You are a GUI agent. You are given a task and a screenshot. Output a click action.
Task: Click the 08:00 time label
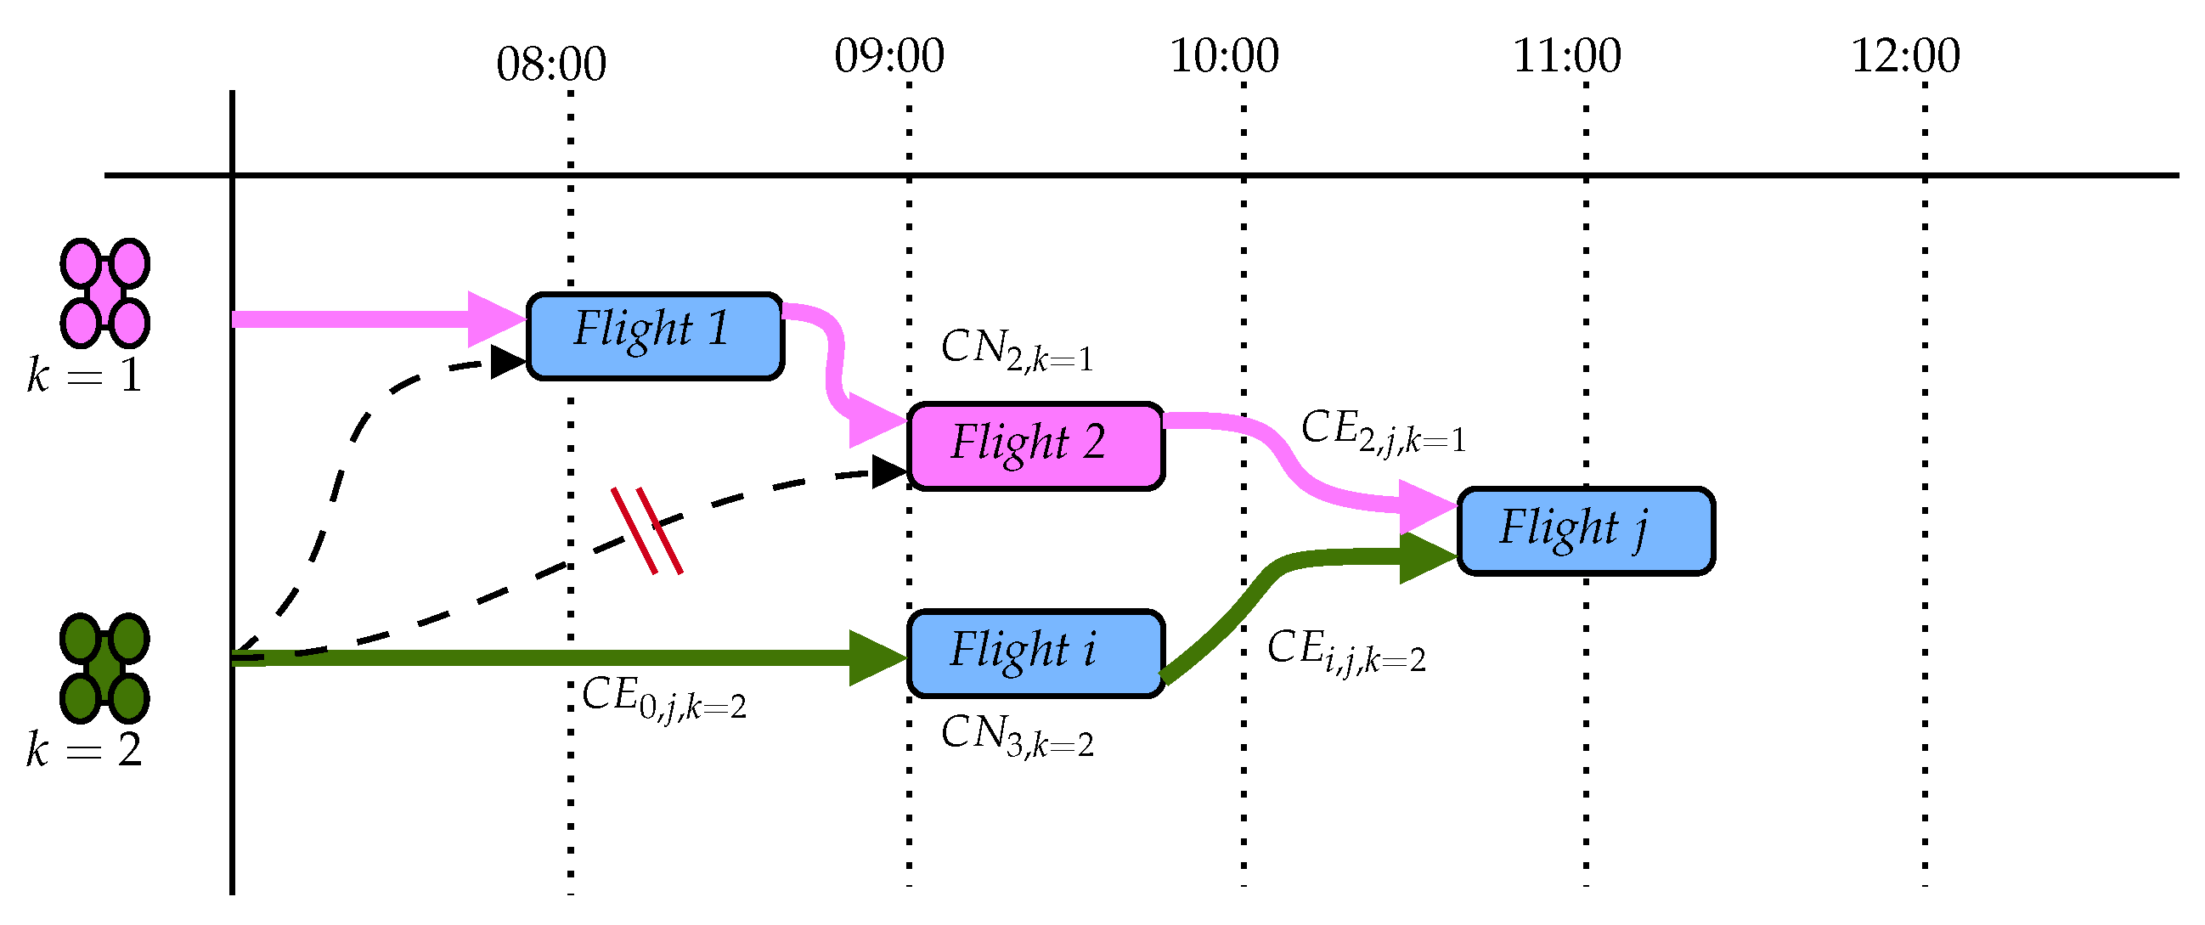coord(551,65)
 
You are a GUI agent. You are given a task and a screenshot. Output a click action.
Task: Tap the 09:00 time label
coord(889,56)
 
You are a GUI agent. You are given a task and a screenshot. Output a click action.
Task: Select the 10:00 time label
coord(1224,56)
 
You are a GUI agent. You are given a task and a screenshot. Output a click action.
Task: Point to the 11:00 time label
coord(1566,56)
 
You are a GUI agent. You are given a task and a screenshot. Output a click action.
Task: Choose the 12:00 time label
coord(1905,56)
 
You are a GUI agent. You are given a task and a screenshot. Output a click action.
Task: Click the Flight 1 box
coord(655,336)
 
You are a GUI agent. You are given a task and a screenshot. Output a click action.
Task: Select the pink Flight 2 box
coord(1035,446)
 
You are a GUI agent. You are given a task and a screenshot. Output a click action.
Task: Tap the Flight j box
coord(1585,531)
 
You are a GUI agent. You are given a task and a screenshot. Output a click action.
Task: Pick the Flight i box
coord(1035,653)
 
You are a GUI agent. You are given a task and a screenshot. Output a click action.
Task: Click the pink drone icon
coord(104,293)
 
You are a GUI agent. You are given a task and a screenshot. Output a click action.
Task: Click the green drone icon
coord(104,668)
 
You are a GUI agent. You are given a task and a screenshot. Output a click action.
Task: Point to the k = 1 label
coord(84,375)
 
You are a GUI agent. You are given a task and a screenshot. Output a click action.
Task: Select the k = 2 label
coord(84,749)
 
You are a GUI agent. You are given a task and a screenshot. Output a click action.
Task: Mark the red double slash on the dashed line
coord(647,531)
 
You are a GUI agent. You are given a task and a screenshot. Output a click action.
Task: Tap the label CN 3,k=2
coord(1016,736)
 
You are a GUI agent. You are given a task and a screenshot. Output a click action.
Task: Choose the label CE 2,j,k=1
coord(1383,431)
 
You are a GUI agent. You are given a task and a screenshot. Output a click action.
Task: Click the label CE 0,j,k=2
coord(663,697)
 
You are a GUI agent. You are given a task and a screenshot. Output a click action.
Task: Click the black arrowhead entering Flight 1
coord(508,362)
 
